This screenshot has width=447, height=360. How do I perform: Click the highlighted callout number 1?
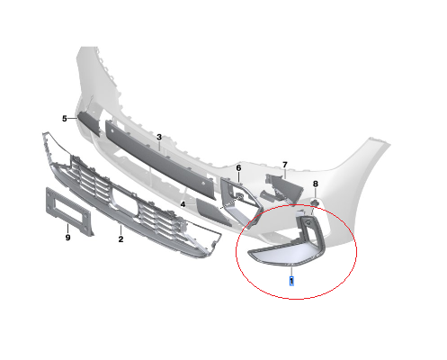[x=291, y=282]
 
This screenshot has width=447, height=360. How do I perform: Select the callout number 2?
[x=121, y=239]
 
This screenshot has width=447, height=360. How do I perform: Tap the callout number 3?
[x=159, y=137]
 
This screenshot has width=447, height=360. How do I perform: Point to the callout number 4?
[x=183, y=204]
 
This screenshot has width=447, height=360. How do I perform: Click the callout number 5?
[x=65, y=119]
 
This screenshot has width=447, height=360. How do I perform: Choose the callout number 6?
[x=238, y=168]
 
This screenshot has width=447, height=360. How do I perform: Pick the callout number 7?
[x=285, y=165]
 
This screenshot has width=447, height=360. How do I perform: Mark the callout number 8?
[x=315, y=184]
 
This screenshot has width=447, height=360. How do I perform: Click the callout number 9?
[x=67, y=238]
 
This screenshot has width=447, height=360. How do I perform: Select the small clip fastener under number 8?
[x=315, y=202]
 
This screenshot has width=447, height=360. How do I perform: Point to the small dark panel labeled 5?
[x=89, y=122]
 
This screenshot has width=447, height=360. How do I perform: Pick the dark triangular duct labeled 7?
[x=284, y=187]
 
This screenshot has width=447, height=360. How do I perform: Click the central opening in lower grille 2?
[x=124, y=202]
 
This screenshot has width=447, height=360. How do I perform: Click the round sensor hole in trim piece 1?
[x=307, y=223]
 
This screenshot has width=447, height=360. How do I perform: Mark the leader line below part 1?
[x=291, y=272]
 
